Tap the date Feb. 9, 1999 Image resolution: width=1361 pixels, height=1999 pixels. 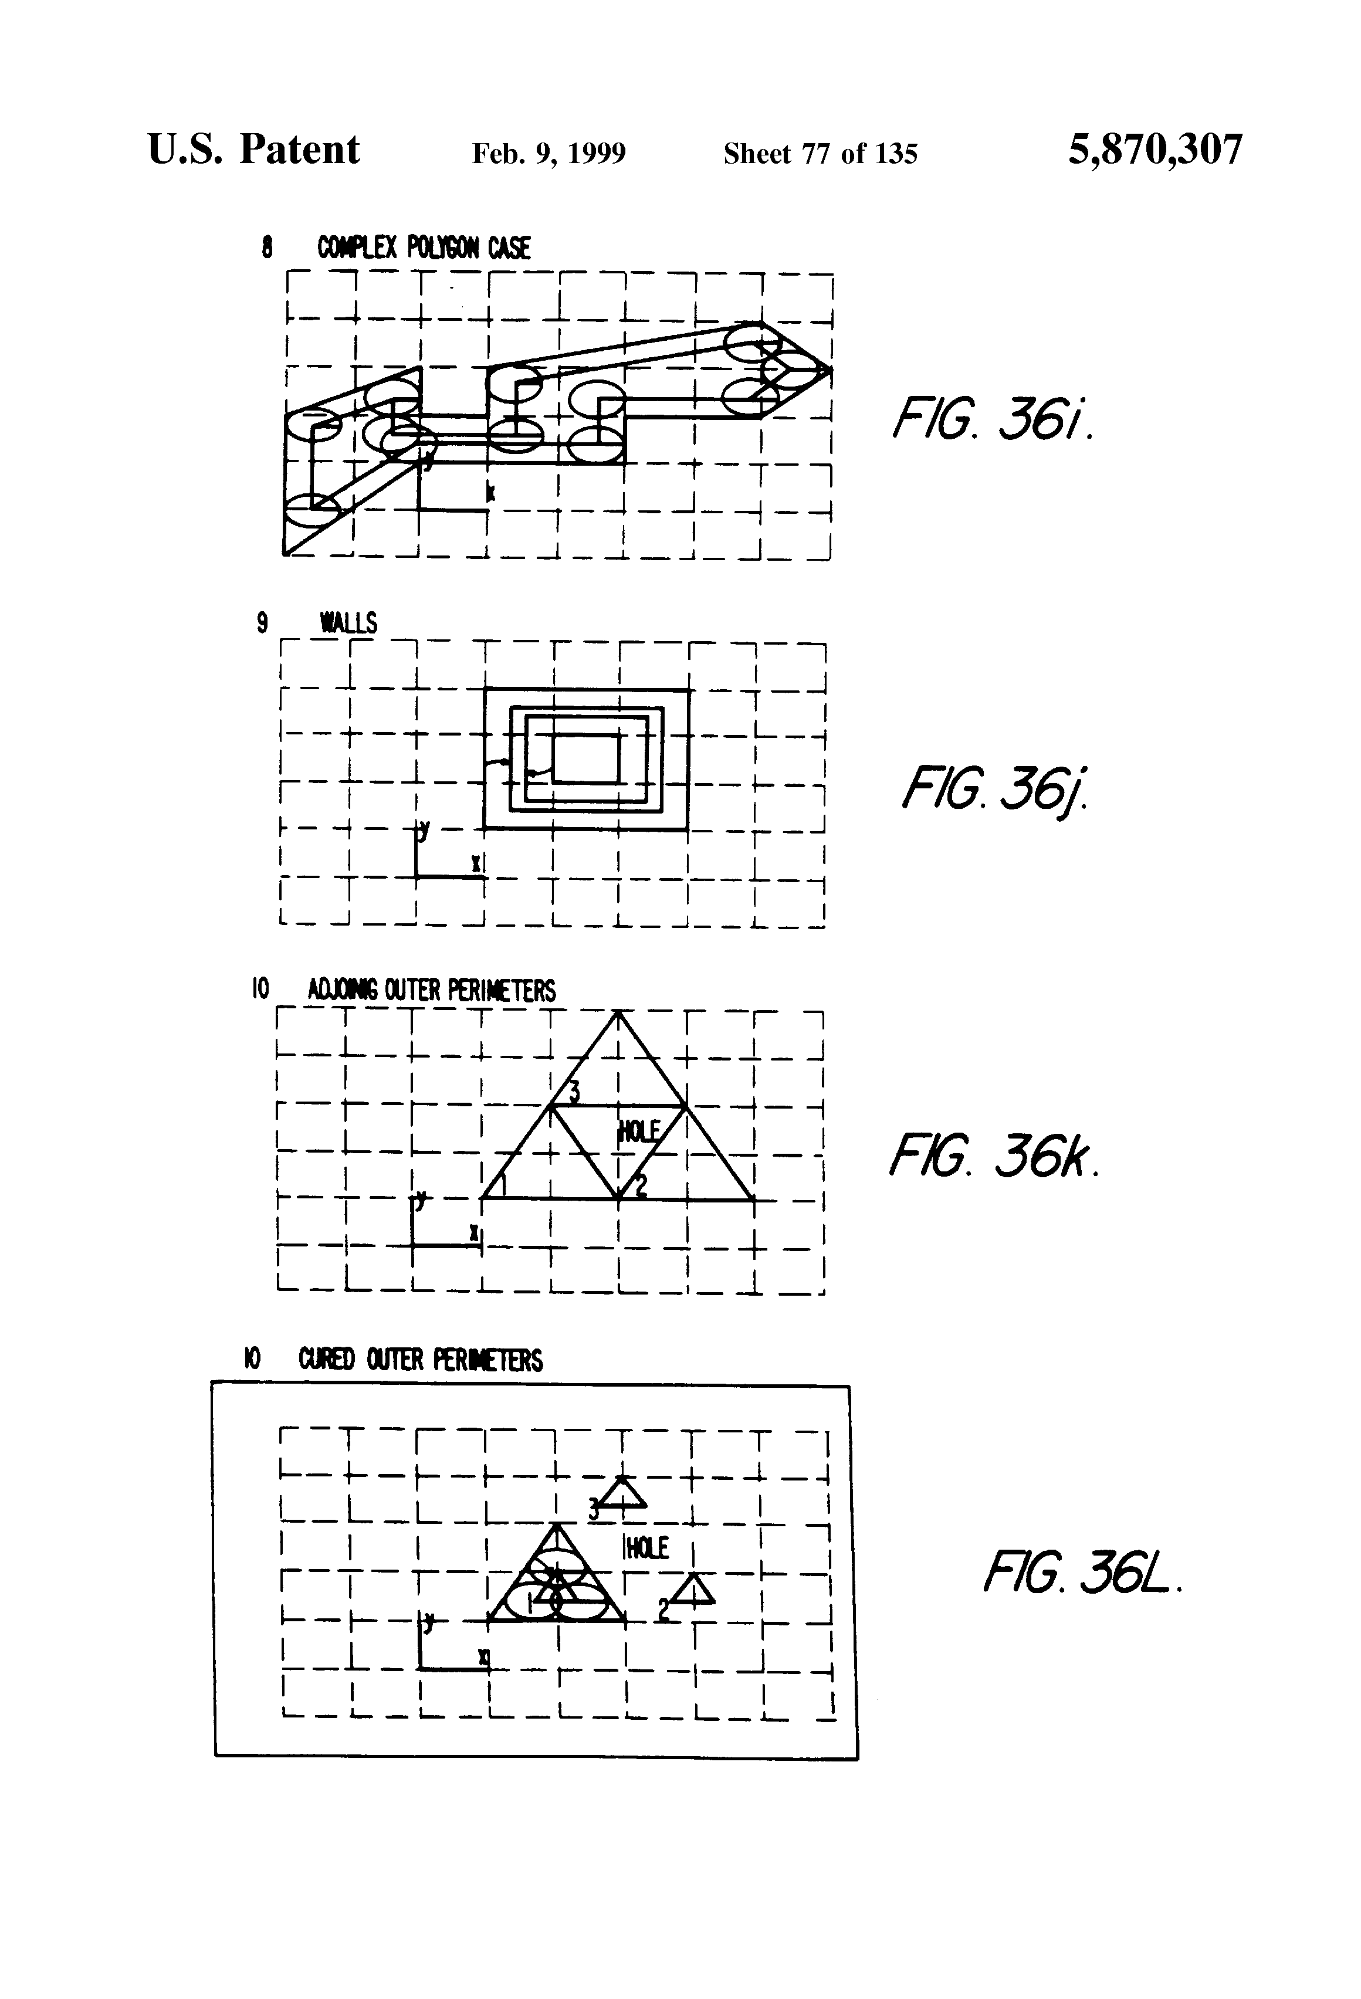549,153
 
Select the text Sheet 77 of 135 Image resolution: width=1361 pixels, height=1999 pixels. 820,153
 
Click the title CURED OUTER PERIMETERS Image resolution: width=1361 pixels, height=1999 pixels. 420,1360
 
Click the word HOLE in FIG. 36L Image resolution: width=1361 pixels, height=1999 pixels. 646,1549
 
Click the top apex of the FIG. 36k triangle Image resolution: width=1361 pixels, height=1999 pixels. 618,1012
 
